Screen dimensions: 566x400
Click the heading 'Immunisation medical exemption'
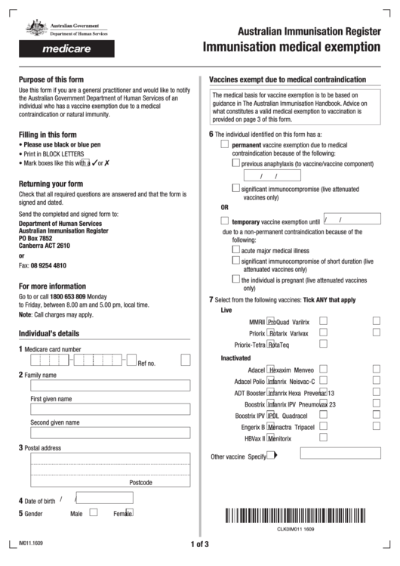click(291, 48)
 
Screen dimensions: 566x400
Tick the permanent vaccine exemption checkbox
click(225, 143)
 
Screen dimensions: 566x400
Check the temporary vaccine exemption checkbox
click(225, 221)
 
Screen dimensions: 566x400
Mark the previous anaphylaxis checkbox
click(236, 162)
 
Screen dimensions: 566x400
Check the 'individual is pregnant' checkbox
click(236, 279)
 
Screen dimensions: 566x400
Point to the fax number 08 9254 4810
click(48, 266)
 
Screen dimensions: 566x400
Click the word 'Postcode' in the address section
click(141, 482)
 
